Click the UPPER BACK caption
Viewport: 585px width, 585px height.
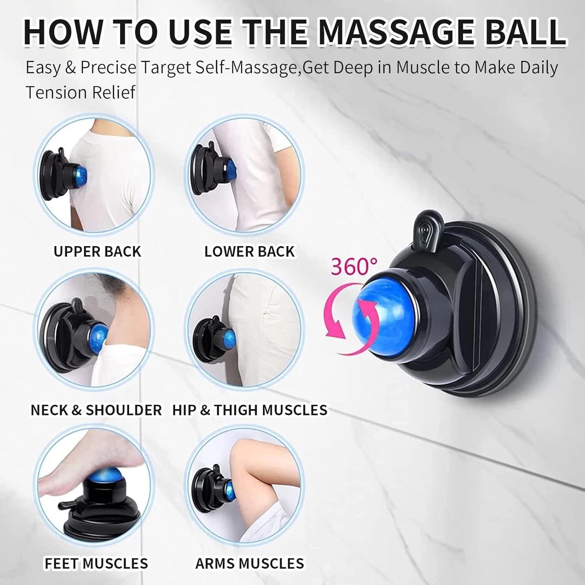(x=97, y=252)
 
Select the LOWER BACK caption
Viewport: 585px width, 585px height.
(x=250, y=252)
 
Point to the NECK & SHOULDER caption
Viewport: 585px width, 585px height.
(x=96, y=410)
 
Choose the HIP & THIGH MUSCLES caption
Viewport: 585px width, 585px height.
(x=250, y=410)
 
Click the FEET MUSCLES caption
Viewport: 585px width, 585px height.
(x=96, y=563)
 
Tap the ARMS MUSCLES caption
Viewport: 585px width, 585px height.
(x=250, y=563)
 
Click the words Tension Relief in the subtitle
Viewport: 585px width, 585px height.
(x=80, y=92)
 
